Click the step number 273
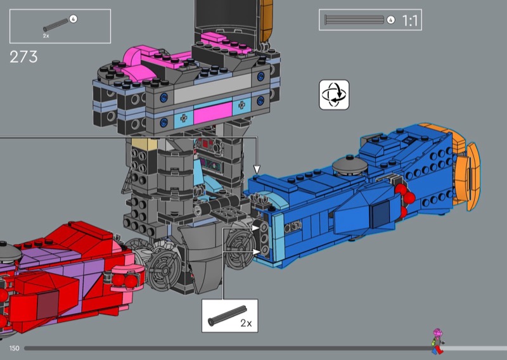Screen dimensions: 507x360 point(23,57)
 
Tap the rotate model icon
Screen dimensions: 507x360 point(334,95)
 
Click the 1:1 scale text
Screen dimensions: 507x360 point(410,21)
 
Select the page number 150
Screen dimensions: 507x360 point(14,348)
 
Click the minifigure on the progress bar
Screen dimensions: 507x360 point(437,341)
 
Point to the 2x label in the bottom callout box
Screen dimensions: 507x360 point(246,323)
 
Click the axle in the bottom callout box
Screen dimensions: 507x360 point(228,316)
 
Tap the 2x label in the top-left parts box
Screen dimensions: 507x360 point(46,36)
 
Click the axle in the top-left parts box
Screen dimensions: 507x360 point(56,25)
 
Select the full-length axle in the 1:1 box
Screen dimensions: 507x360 point(354,20)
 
